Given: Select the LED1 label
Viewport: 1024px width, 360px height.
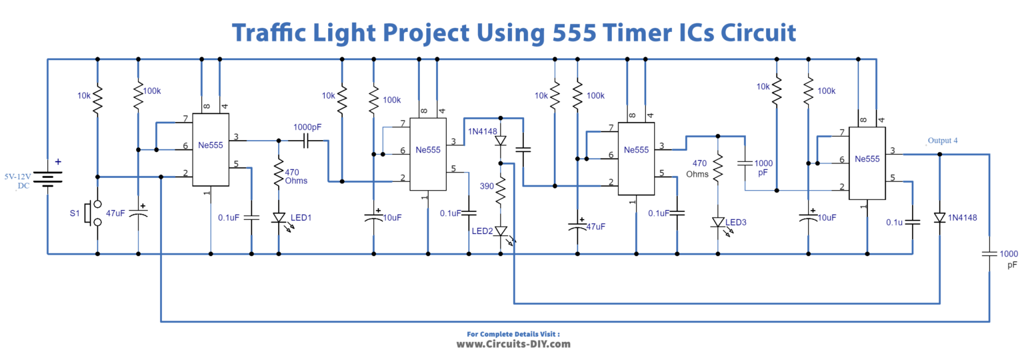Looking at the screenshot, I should pos(300,217).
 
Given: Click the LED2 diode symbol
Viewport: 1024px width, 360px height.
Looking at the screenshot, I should pos(501,232).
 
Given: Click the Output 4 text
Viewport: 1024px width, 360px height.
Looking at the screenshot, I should pos(942,141).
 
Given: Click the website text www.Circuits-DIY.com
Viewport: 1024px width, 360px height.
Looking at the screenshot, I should pos(513,345).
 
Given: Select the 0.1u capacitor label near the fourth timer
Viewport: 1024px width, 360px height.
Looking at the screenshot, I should pos(895,222).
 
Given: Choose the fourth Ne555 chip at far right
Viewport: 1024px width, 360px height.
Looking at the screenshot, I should pos(867,159).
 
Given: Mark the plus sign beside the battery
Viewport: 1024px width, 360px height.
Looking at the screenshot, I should pos(58,161).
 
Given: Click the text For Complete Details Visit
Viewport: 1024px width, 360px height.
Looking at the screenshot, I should pos(513,333).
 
